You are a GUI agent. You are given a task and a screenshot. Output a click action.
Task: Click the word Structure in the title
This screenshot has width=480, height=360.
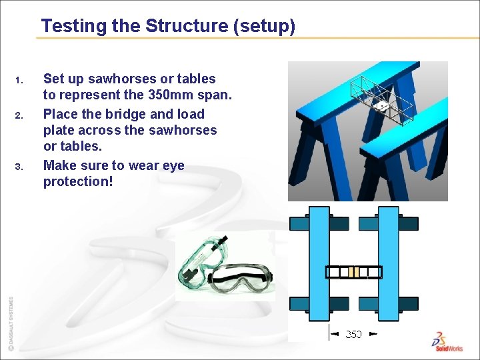tap(187, 25)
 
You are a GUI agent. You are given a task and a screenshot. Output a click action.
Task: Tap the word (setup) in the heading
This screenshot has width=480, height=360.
tap(264, 27)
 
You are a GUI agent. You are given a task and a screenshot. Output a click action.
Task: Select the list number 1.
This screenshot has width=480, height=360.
tap(19, 81)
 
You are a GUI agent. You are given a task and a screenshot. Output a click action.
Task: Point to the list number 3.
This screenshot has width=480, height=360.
tap(19, 167)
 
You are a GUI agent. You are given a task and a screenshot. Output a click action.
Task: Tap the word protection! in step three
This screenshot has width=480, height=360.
tap(78, 181)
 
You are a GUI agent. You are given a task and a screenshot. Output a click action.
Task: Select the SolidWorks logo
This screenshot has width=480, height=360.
tap(447, 342)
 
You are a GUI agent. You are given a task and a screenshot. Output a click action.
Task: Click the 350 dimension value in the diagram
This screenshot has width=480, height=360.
tap(353, 334)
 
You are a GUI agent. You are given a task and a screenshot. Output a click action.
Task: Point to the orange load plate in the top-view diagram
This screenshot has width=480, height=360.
tap(353, 272)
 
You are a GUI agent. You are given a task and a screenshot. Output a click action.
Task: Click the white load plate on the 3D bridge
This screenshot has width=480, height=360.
tap(381, 107)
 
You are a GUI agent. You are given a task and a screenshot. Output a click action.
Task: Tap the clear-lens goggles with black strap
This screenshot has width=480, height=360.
tap(240, 278)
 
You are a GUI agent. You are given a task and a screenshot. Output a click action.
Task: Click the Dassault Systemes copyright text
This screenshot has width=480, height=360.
tap(11, 323)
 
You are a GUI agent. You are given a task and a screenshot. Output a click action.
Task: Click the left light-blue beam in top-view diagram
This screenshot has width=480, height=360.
tap(319, 263)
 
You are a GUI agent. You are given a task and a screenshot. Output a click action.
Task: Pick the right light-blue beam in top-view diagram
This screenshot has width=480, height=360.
tap(389, 263)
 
